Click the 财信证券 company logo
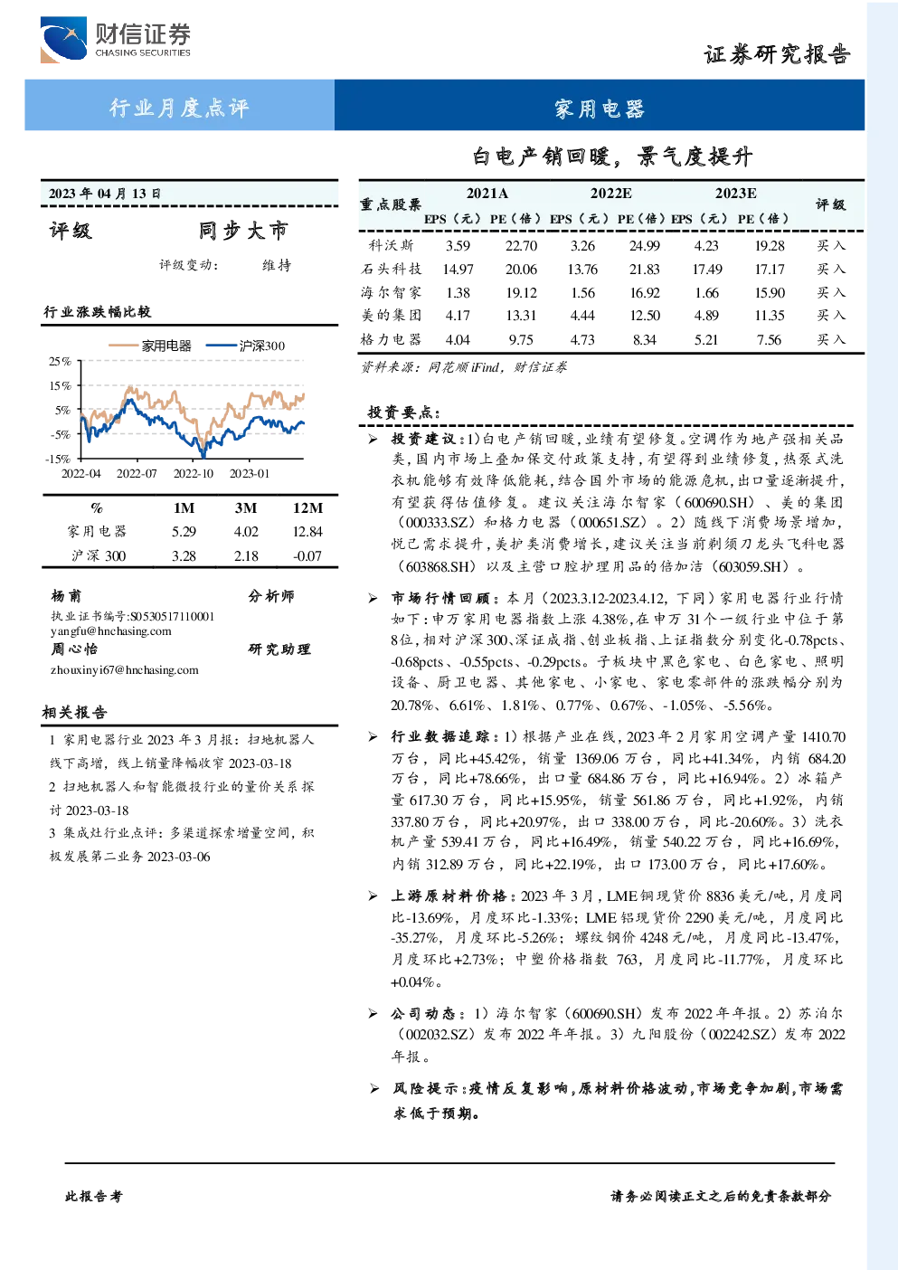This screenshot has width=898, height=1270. point(116,39)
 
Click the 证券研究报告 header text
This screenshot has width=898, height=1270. point(777,54)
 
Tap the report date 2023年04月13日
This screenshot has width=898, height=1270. point(105,194)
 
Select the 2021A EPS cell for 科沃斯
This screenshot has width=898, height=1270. point(458,245)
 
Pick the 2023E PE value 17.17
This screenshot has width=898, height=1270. point(770,270)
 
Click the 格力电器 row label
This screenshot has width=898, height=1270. point(391,339)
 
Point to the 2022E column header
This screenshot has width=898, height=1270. point(610,194)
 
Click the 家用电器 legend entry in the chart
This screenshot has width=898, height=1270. point(150,346)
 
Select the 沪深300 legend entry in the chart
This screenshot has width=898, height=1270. point(245,346)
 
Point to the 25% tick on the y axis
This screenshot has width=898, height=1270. point(60,361)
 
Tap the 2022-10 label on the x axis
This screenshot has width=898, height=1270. point(194,473)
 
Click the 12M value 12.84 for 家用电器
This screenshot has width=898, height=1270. point(307,532)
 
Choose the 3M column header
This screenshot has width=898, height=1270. point(246,508)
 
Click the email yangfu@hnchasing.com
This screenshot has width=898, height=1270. point(111,631)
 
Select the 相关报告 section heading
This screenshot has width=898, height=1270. point(74,712)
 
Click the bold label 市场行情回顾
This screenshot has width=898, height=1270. point(441,598)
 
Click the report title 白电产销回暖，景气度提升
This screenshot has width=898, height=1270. point(612,156)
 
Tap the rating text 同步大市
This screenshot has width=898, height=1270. point(243,231)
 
